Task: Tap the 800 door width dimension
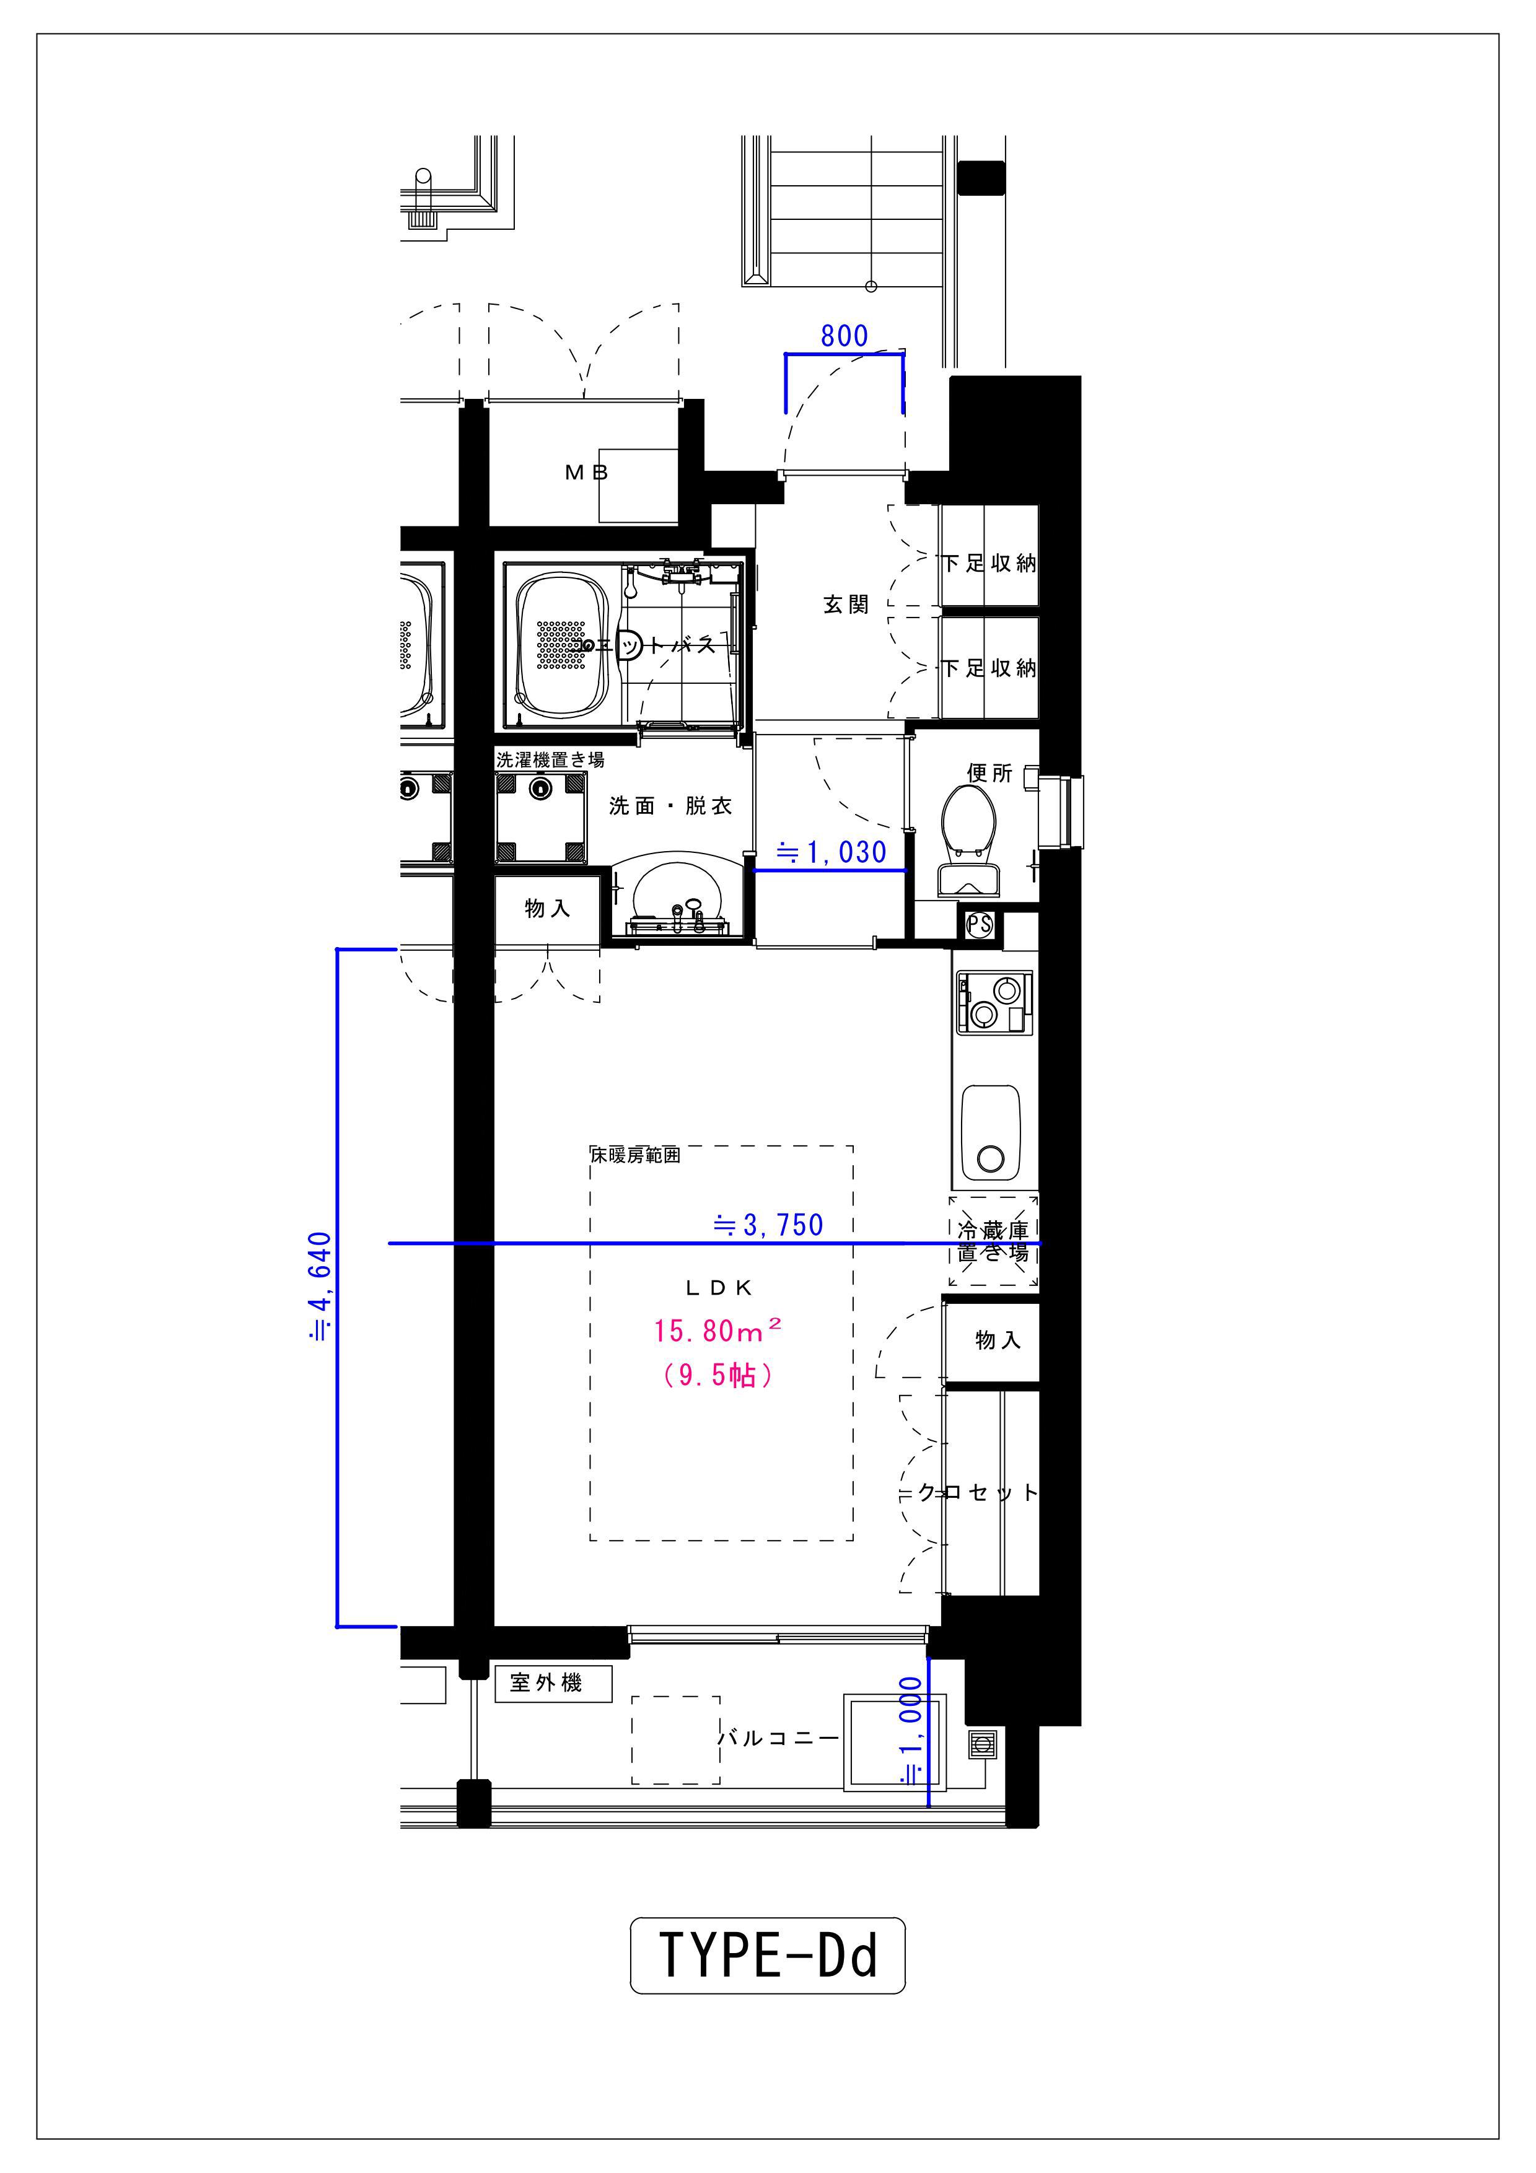click(844, 336)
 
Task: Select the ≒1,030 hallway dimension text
click(831, 852)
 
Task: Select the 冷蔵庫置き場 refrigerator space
click(994, 1241)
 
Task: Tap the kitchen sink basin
click(991, 1134)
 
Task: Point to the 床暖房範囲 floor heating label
click(636, 1155)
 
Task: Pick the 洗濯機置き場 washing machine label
click(550, 759)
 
